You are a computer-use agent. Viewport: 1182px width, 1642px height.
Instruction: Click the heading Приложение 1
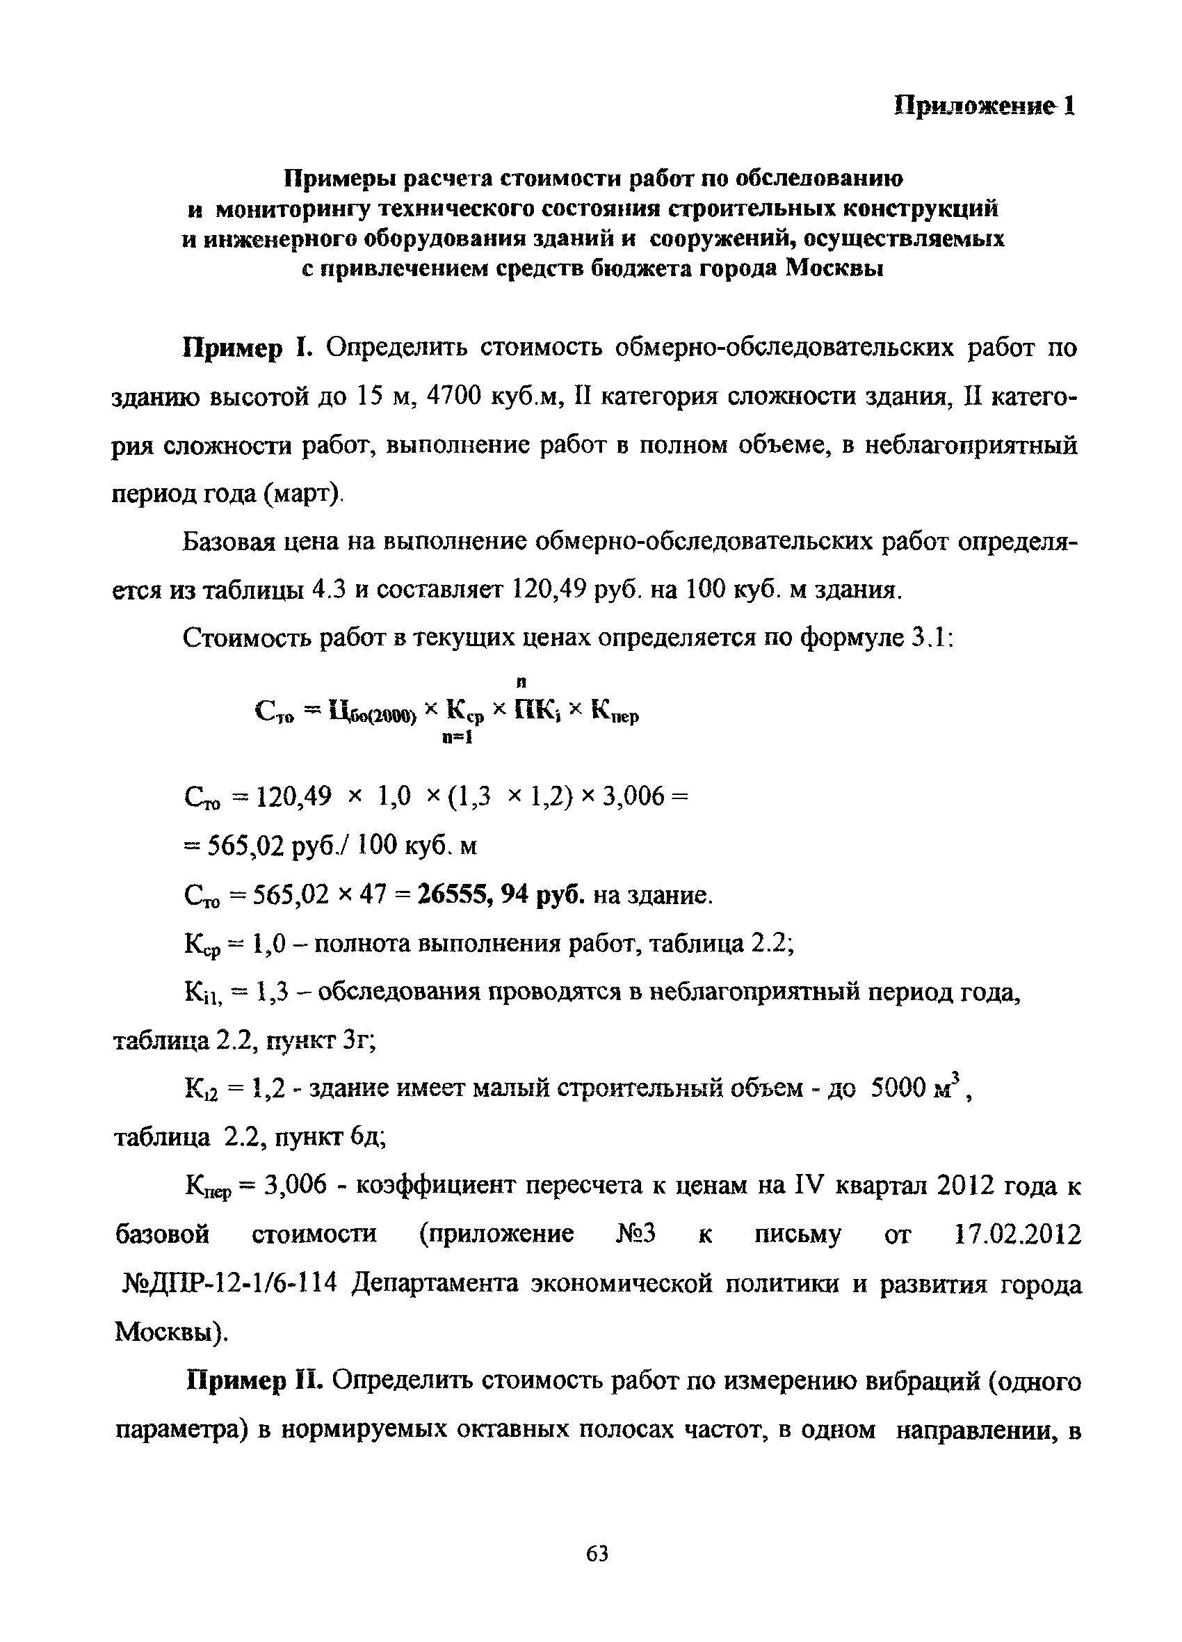985,106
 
